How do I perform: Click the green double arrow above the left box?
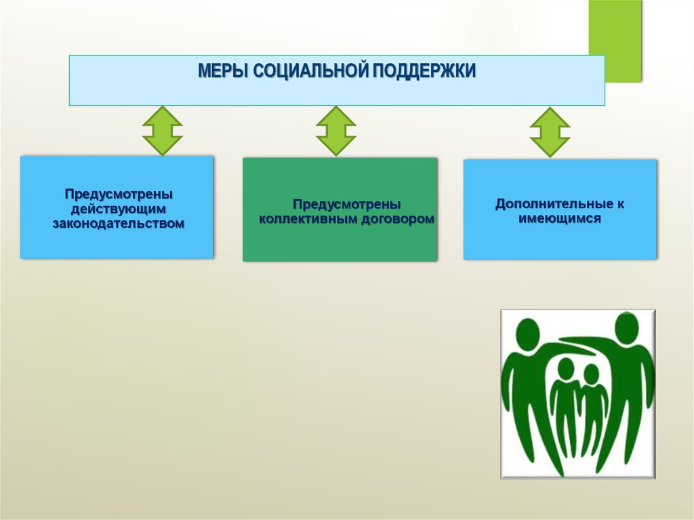pyautogui.click(x=162, y=131)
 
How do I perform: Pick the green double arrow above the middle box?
pyautogui.click(x=335, y=131)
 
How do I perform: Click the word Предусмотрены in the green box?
pyautogui.click(x=346, y=204)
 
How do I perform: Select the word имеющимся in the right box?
pyautogui.click(x=560, y=219)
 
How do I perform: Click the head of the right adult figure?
pyautogui.click(x=626, y=326)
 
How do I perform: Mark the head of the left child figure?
pyautogui.click(x=565, y=368)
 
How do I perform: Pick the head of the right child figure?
pyautogui.click(x=591, y=374)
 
